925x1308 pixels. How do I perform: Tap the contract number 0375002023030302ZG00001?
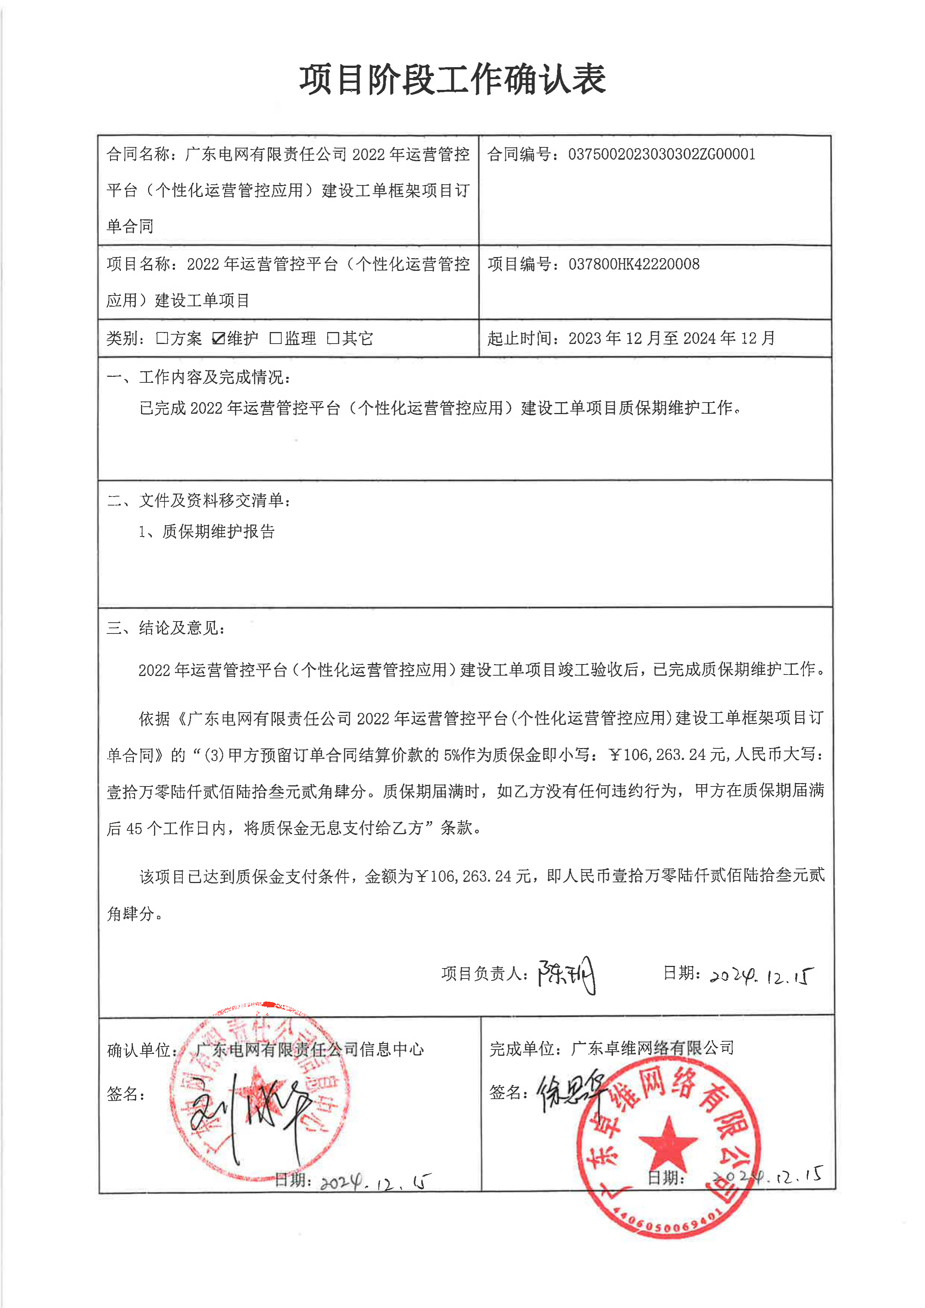click(x=661, y=154)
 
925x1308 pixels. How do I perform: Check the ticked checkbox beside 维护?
click(x=218, y=338)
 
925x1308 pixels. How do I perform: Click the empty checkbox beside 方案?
click(x=162, y=338)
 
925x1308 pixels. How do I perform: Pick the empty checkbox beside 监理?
click(x=276, y=338)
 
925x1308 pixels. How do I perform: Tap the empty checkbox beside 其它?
click(x=333, y=338)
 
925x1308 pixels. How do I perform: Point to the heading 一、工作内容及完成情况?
click(x=199, y=377)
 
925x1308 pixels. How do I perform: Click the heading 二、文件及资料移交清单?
click(x=199, y=501)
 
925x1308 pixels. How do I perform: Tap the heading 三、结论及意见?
click(x=166, y=628)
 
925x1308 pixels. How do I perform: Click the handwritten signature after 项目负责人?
click(x=567, y=975)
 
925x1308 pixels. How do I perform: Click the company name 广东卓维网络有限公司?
click(x=652, y=1048)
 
